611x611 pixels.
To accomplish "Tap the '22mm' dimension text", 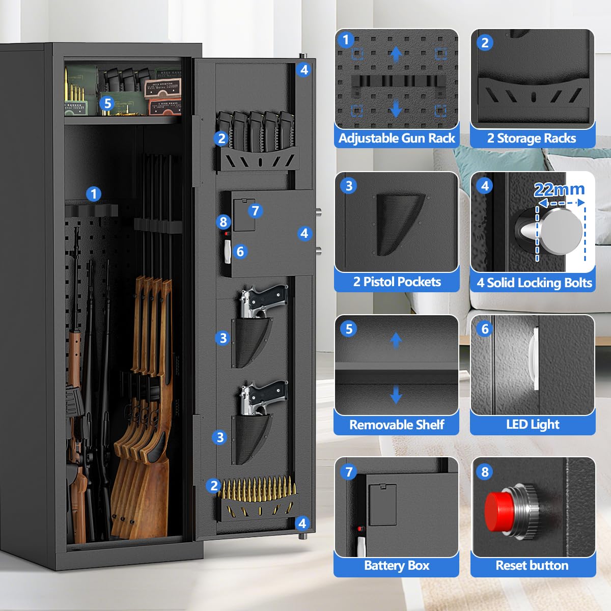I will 559,190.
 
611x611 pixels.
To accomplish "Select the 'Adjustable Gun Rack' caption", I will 397,138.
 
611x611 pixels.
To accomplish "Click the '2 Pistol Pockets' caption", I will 397,282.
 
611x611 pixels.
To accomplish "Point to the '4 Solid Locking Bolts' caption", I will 534,283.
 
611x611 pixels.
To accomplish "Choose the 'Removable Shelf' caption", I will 397,425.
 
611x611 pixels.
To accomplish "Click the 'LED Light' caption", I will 533,425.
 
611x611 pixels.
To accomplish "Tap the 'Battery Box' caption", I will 397,566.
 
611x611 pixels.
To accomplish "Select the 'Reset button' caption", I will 532,566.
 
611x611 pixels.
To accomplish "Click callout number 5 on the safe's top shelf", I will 107,103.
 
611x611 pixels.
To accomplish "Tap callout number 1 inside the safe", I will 93,194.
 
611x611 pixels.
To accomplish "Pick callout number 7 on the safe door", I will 255,210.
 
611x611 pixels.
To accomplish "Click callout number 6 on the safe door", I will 240,251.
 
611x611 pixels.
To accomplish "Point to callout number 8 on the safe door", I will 223,222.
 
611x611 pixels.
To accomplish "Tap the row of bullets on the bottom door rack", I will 257,488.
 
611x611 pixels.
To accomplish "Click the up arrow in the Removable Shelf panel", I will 396,340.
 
